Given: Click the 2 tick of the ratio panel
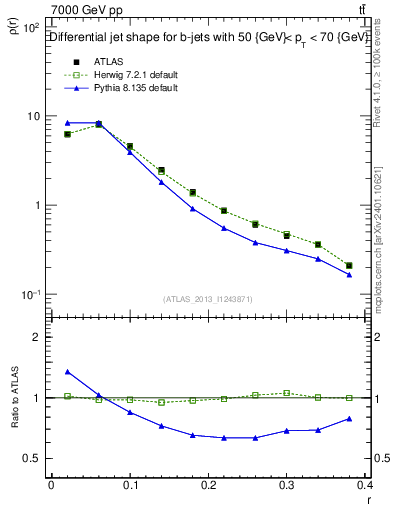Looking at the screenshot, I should pyautogui.click(x=35, y=337).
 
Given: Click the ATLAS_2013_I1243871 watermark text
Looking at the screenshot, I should pyautogui.click(x=208, y=299).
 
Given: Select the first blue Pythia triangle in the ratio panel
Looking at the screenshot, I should pyautogui.click(x=67, y=372).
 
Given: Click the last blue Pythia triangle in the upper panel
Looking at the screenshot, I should pyautogui.click(x=349, y=274).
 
